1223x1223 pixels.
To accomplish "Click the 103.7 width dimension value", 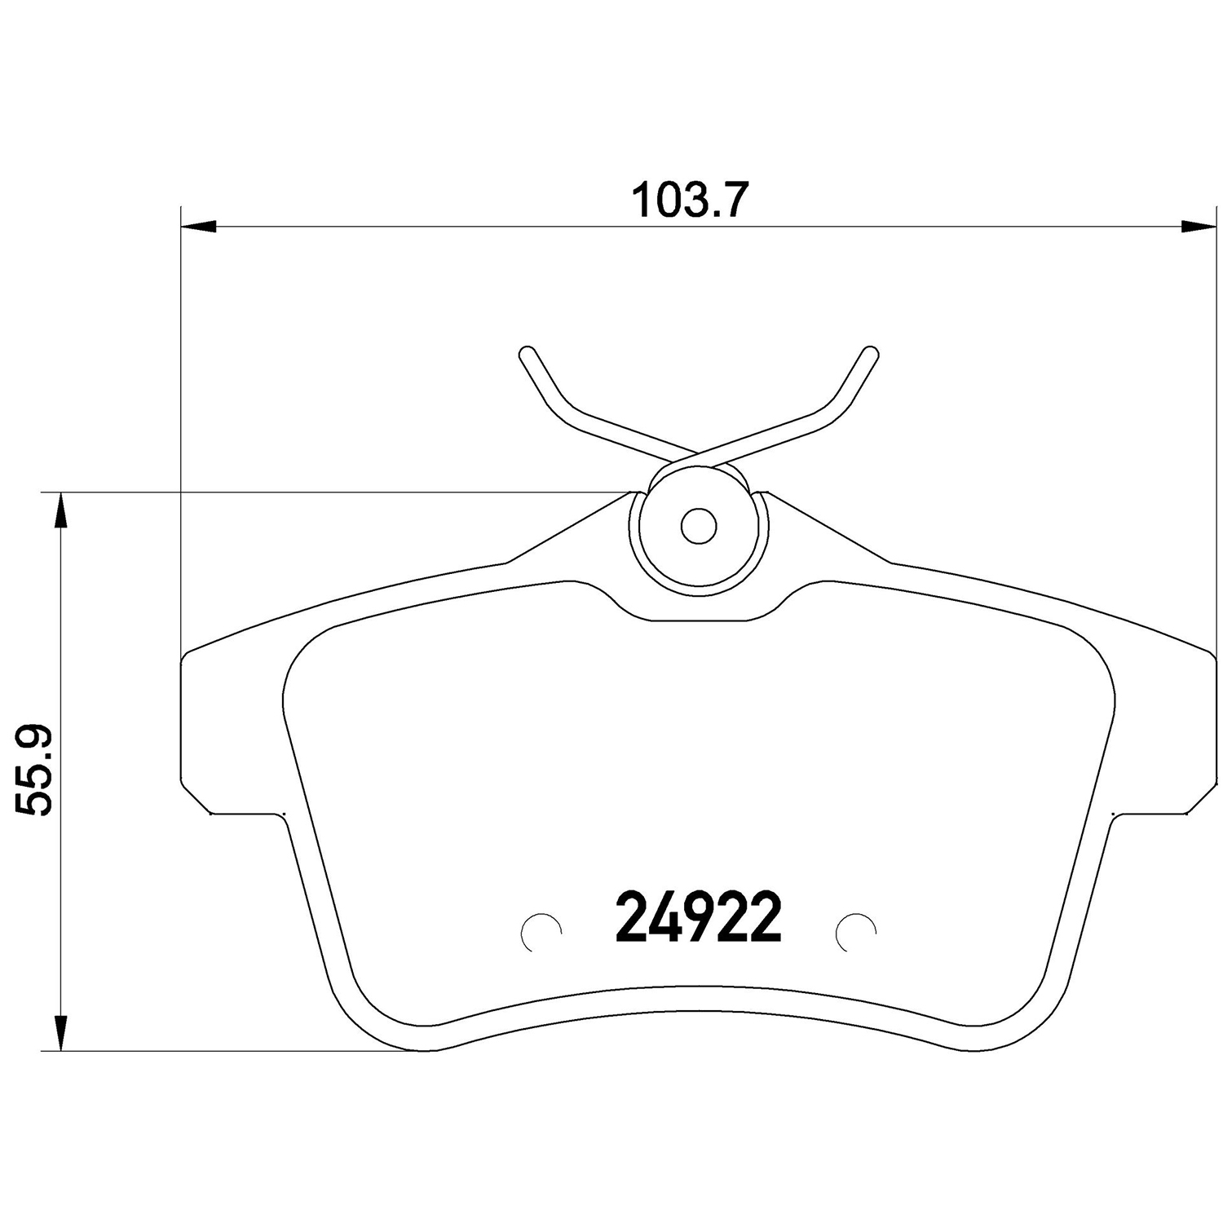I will click(x=689, y=201).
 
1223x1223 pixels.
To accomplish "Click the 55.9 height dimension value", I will click(x=34, y=770).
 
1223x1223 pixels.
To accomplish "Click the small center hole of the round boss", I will click(x=699, y=527).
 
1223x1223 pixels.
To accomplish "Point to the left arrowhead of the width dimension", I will click(x=196, y=227).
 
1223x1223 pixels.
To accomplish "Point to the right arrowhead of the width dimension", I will click(x=1198, y=227).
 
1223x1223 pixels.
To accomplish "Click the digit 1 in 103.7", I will click(x=644, y=201).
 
